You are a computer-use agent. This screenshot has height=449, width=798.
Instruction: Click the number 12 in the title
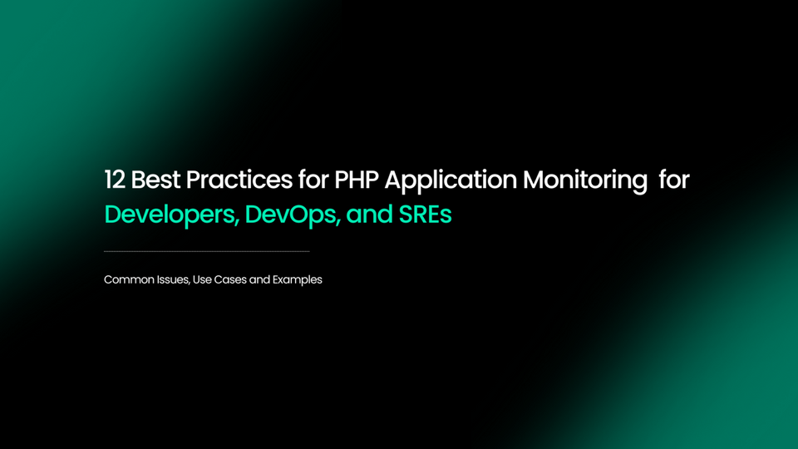point(114,180)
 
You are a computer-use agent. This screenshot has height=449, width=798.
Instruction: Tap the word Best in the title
point(155,180)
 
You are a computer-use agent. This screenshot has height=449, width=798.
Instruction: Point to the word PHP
point(357,180)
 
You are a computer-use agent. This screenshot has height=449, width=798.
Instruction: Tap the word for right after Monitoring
point(674,180)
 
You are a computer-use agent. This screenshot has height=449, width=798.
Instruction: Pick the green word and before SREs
point(369,215)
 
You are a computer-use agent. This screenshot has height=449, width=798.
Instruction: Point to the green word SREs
point(426,215)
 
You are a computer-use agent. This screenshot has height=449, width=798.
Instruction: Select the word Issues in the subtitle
point(172,280)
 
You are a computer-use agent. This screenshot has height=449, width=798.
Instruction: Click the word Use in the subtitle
point(202,280)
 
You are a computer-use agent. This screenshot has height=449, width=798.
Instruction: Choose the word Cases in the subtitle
point(230,280)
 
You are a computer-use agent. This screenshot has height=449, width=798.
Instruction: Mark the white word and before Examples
point(259,280)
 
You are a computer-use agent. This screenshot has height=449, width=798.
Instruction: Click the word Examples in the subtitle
point(298,280)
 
